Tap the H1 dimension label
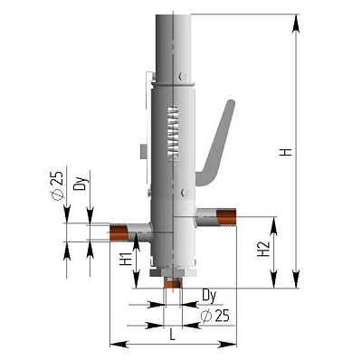coord(126,263)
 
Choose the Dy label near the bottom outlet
coord(209,295)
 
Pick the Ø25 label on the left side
coord(55,188)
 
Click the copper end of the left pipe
coord(117,233)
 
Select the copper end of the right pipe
coord(225,217)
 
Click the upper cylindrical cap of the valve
coord(172,41)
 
